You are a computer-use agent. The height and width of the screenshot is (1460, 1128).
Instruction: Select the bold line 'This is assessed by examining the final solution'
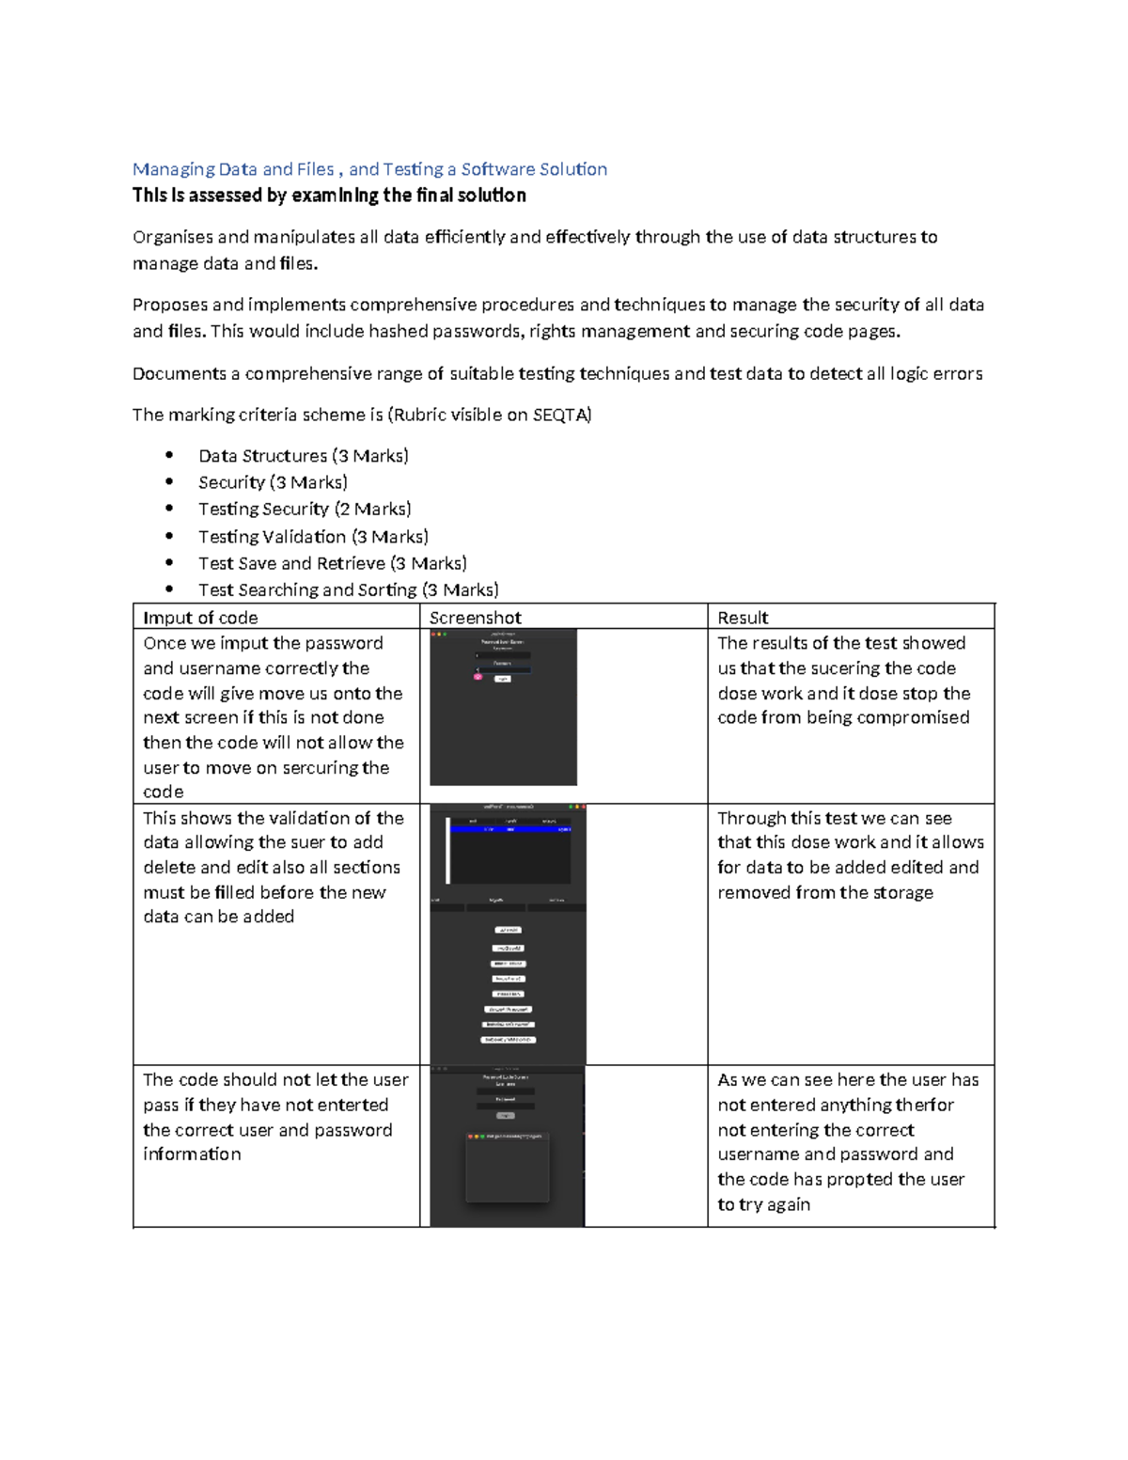[x=329, y=196]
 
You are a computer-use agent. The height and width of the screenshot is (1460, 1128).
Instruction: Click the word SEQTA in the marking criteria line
[x=560, y=415]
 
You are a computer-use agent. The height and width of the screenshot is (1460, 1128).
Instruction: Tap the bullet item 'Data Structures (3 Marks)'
[x=303, y=456]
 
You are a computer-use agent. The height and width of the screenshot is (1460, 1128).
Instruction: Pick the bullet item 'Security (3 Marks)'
[x=273, y=482]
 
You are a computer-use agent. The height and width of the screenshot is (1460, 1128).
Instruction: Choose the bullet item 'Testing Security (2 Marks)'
[x=305, y=509]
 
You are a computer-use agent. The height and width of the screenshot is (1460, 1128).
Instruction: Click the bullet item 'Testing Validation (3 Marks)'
[x=313, y=537]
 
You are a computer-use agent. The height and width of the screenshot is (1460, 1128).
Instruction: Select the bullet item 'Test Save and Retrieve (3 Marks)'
[x=332, y=563]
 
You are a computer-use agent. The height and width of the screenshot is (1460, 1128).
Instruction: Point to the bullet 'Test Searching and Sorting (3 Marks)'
[x=348, y=589]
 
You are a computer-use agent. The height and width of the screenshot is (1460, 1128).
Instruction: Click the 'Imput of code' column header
[x=200, y=618]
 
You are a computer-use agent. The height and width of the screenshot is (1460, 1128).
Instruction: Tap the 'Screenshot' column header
[x=475, y=618]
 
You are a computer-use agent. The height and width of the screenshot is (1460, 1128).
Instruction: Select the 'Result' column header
[x=743, y=618]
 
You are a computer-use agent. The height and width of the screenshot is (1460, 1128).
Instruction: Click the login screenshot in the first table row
[x=503, y=707]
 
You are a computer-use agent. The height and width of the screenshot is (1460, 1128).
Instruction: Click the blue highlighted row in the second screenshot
[x=509, y=829]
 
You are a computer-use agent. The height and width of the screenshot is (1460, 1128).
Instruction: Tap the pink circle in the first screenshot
[x=478, y=676]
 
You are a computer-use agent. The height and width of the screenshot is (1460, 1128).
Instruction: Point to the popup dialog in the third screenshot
[x=508, y=1167]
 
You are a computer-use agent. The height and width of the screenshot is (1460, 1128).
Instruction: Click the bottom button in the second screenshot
[x=508, y=1040]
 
